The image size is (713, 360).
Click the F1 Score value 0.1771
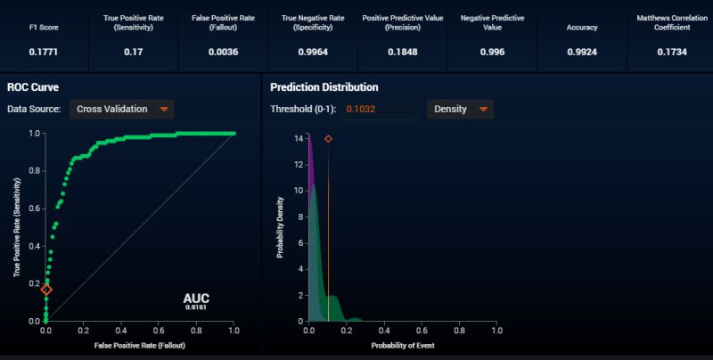coord(44,52)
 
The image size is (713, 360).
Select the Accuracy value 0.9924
coord(581,52)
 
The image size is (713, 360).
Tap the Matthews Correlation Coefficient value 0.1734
coord(669,52)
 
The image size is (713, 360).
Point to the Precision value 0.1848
coord(402,52)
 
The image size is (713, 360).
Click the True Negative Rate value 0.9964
coord(312,52)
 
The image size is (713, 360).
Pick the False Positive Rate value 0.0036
coord(223,52)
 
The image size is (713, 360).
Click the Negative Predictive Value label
coord(491,22)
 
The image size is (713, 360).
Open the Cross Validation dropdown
coord(120,110)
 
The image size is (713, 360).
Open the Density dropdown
coord(460,110)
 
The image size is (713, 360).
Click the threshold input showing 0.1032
coord(380,110)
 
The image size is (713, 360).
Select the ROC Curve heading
coord(33,87)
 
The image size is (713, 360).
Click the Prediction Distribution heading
coord(324,87)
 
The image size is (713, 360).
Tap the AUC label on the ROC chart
coord(195,299)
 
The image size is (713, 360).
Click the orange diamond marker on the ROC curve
coord(46,290)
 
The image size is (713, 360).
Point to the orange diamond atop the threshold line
coord(328,139)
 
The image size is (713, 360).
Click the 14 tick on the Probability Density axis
coord(299,138)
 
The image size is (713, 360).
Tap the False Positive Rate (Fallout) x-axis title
coord(140,344)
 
